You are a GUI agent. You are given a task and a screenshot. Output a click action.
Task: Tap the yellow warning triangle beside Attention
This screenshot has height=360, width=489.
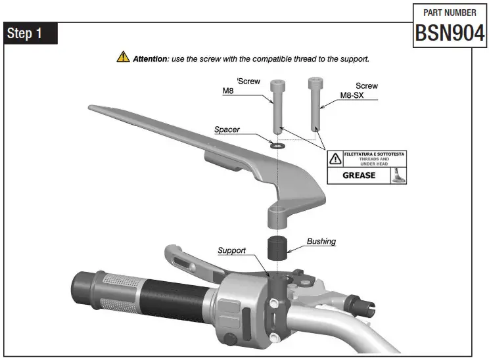click(x=123, y=58)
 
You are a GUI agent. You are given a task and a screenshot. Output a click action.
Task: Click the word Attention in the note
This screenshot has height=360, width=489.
click(x=151, y=58)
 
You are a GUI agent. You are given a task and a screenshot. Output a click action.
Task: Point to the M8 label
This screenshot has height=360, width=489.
click(x=228, y=92)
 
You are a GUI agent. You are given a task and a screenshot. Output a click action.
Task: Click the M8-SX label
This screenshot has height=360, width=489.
click(x=352, y=95)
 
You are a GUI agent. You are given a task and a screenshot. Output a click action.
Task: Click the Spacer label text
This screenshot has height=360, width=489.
click(x=227, y=129)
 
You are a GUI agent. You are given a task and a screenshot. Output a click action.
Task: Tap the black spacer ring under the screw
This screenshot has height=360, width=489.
click(x=277, y=143)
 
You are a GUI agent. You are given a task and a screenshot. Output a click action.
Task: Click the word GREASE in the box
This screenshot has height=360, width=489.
click(x=359, y=175)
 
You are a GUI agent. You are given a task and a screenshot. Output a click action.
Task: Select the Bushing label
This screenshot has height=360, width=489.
click(x=321, y=241)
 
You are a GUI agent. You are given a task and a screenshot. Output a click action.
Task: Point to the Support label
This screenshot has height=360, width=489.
click(x=231, y=250)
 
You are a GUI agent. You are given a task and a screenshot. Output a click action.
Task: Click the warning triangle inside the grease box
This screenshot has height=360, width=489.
click(x=335, y=158)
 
